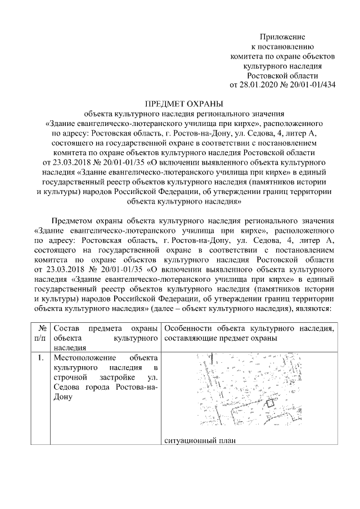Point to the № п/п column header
coord(41,332)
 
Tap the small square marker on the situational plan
coord(269,403)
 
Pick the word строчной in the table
coord(70,377)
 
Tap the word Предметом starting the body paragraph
coord(75,220)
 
